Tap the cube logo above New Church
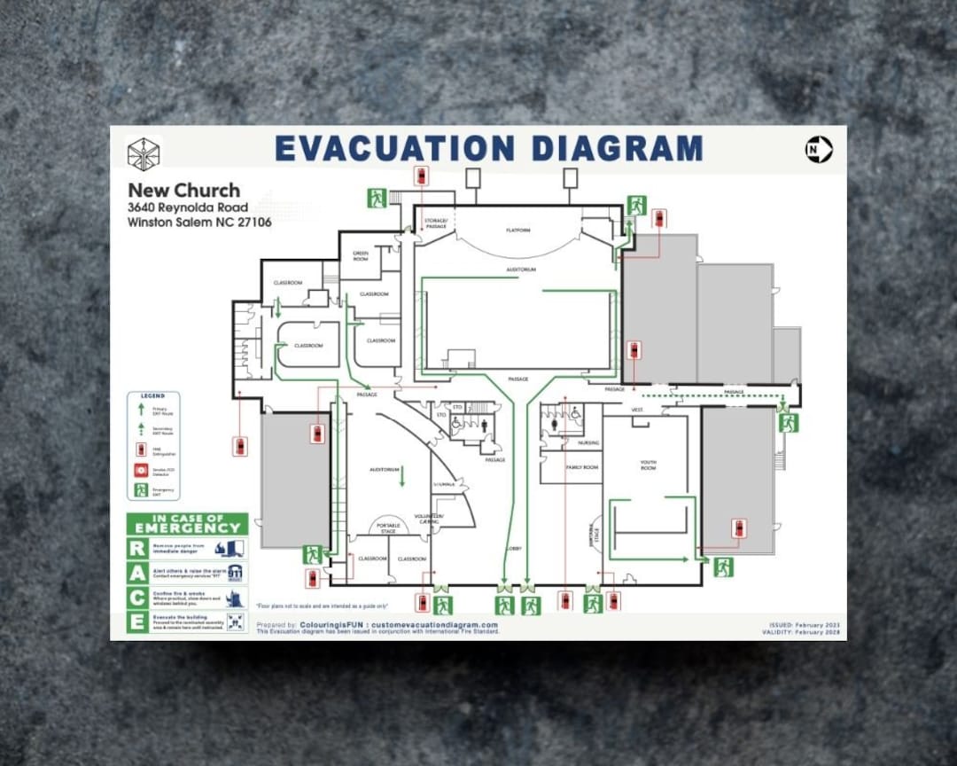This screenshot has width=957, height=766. pos(143,153)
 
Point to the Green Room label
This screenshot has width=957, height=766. pos(361,255)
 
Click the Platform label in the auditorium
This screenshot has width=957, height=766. pos(518,231)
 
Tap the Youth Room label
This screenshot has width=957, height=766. pos(649,465)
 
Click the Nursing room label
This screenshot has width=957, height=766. pos(588,442)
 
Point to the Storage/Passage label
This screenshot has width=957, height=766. pos(435,223)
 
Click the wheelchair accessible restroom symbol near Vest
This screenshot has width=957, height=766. pos(575,413)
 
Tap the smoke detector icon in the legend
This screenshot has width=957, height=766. pos(140,468)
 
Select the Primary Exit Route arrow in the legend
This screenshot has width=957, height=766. pos(140,410)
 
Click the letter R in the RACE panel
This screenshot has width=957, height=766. pos(137,548)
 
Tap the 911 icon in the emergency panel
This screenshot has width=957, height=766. pos(235,573)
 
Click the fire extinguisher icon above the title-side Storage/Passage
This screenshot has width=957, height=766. pos(422,176)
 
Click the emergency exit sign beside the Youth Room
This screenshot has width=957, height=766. pos(723,567)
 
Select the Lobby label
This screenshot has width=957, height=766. pos(513,549)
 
